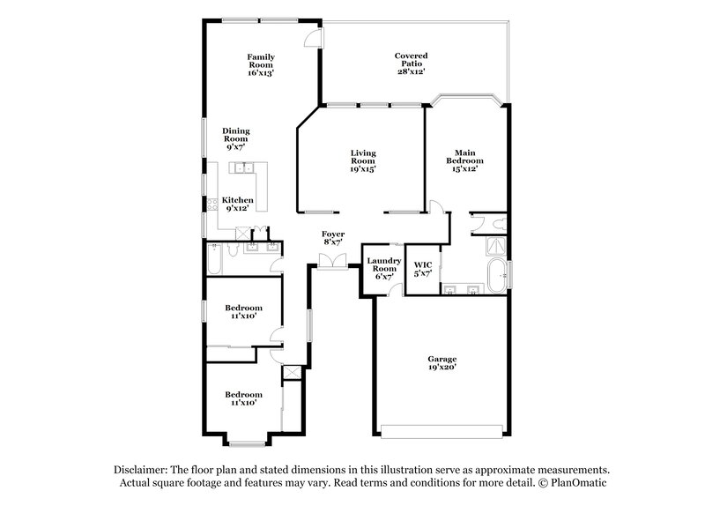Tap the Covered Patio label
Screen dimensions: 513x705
[410, 63]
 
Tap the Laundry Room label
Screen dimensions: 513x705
[384, 268]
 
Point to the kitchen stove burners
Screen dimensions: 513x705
[211, 204]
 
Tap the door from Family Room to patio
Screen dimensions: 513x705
[314, 38]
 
